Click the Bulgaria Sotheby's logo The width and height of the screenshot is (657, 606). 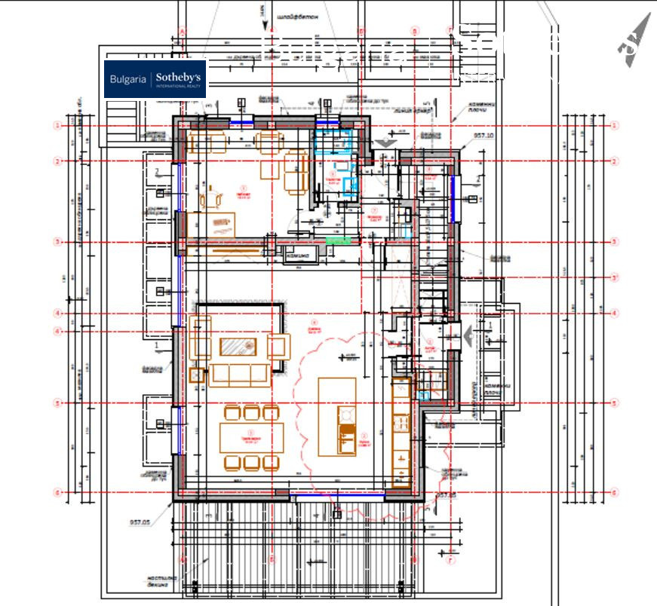[155, 79]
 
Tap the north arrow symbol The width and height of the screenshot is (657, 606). [634, 41]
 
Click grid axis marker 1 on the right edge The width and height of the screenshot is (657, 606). [615, 125]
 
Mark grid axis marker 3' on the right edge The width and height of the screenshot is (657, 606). [615, 277]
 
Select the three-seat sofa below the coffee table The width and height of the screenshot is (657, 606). [240, 374]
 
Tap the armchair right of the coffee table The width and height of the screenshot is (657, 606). [278, 347]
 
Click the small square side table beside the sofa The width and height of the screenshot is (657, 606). [199, 374]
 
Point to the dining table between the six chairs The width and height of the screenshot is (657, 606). [252, 437]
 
